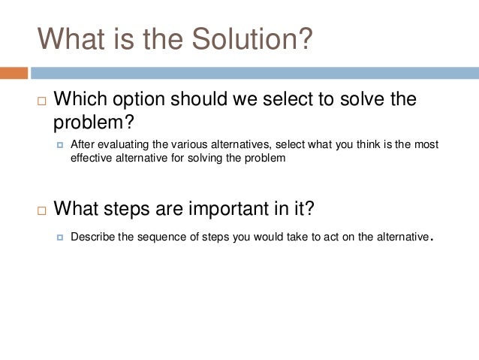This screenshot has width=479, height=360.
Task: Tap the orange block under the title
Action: pyautogui.click(x=14, y=73)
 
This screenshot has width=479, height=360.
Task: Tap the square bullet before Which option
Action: pyautogui.click(x=41, y=100)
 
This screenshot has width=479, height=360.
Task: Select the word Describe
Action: pyautogui.click(x=93, y=237)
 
